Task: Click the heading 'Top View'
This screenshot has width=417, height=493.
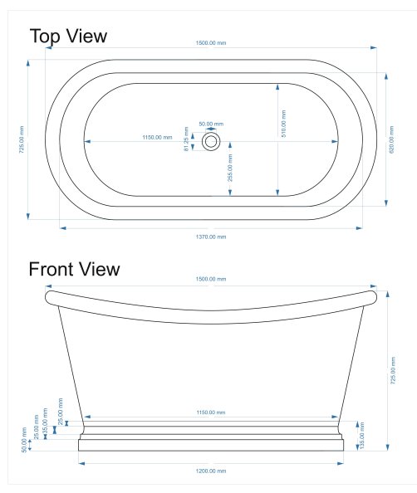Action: coord(68,37)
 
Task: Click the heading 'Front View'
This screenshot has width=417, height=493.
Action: coord(74,269)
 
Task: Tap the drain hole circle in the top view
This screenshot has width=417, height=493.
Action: coord(211,141)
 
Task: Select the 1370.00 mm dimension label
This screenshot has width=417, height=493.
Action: coord(211,237)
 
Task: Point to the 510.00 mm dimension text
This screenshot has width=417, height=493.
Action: coord(283,124)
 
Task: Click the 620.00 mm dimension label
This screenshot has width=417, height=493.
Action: coord(392,139)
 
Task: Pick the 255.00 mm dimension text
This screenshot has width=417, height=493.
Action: coord(230,168)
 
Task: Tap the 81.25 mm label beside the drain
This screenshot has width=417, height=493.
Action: coord(186,139)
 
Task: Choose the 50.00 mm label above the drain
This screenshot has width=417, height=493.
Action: coord(211,124)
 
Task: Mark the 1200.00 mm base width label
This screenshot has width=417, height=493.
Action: coord(211,471)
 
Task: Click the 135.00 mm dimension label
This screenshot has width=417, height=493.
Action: coord(362,436)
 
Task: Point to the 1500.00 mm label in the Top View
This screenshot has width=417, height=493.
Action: coord(211,43)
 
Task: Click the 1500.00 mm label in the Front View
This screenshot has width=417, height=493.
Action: coord(211,279)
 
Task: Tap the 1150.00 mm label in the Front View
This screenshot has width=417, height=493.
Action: coord(211,412)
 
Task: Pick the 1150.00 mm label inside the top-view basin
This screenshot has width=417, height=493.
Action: coord(157,138)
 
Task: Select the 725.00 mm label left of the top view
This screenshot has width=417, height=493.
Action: coord(22,139)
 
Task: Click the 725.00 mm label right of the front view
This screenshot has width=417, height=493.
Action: coord(393,370)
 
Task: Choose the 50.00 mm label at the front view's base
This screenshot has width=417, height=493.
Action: coord(24,440)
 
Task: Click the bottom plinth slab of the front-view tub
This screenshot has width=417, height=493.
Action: coord(211,445)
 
